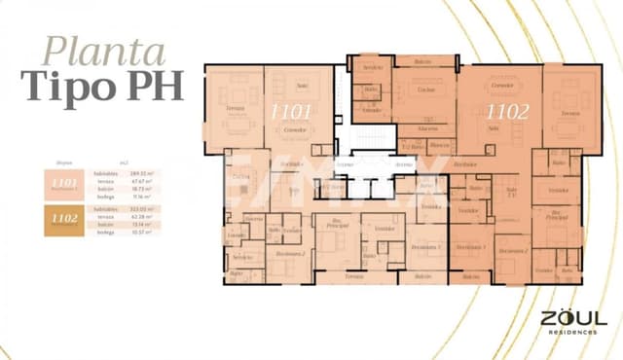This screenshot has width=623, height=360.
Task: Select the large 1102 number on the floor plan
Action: click(506, 112)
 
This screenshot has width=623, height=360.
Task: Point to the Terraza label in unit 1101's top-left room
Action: click(234, 108)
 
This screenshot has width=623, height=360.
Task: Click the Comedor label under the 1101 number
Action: click(291, 127)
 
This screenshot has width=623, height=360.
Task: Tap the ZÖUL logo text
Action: click(573, 318)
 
